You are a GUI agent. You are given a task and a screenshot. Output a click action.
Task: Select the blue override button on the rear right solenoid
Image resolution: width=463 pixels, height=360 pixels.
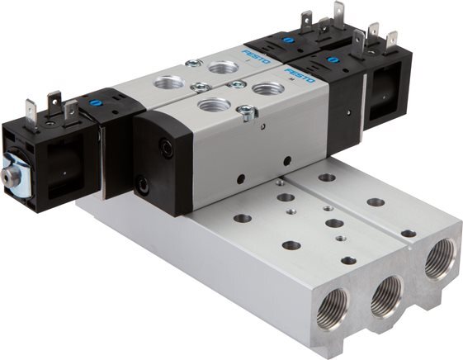coord(286,38)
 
